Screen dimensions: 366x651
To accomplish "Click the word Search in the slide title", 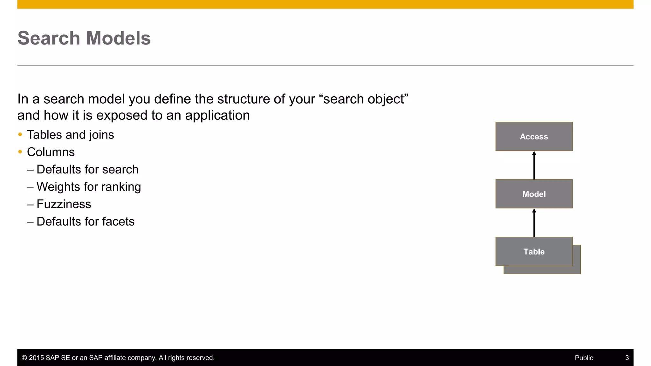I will pos(49,38).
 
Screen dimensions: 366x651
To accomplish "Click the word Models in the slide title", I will pos(118,38).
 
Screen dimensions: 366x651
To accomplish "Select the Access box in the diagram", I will pos(534,136).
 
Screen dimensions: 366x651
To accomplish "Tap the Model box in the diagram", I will pos(534,194).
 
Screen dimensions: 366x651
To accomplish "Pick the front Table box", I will pos(534,251).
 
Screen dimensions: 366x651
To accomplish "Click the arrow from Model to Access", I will pos(534,165).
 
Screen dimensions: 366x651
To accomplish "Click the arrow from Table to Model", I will pos(534,223).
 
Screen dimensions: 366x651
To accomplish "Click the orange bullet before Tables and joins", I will pos(20,135).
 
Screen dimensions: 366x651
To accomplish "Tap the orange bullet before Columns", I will pos(20,152).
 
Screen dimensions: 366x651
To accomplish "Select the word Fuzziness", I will pos(64,204).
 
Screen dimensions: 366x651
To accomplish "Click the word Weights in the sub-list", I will pos(58,187).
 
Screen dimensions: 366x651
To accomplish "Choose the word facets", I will pos(118,221).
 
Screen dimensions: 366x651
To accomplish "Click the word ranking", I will pos(121,187).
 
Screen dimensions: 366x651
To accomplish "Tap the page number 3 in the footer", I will pos(627,358).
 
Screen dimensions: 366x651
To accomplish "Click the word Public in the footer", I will pos(584,358).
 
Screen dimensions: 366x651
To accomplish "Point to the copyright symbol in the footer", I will pos(24,358).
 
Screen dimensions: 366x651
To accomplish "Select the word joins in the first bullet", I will pos(101,135).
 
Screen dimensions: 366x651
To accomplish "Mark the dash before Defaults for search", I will pos(30,170).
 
